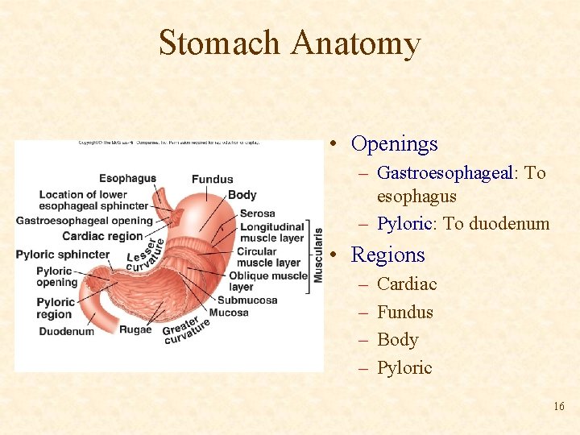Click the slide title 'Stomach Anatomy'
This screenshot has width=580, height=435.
(289, 43)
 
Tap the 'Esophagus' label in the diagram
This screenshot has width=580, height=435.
(127, 178)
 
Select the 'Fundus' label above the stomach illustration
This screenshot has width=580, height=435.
(212, 179)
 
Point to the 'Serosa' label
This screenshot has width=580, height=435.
(257, 213)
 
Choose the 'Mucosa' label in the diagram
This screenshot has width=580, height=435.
(229, 313)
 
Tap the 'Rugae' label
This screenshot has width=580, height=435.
(135, 329)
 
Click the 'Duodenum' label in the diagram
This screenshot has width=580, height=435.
(66, 331)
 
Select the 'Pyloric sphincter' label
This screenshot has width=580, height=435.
(62, 255)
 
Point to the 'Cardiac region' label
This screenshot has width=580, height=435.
(102, 236)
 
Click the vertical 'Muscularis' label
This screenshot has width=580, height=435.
(318, 254)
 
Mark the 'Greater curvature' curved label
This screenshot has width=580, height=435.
(187, 328)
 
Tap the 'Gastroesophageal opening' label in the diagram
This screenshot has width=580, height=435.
(84, 221)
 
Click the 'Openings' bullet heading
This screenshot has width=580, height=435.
(394, 144)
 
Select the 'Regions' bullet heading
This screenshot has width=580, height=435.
(387, 255)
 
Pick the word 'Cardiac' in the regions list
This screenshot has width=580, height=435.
(407, 284)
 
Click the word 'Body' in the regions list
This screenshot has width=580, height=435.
(397, 340)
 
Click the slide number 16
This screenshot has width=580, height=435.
(558, 407)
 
